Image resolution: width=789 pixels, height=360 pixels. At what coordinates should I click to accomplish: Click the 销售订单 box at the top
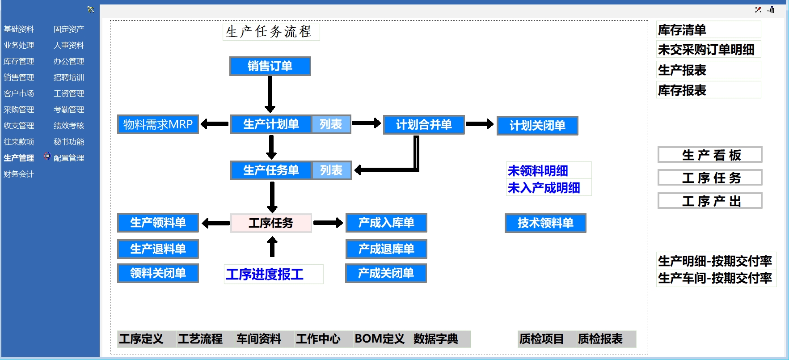click(270, 66)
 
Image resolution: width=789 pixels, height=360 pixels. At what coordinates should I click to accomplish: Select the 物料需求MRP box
click(158, 124)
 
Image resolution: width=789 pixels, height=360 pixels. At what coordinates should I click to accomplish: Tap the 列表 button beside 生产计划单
click(331, 124)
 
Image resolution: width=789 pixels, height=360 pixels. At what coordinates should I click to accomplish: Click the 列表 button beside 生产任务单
click(331, 170)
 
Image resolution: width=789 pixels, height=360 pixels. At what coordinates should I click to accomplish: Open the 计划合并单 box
click(424, 125)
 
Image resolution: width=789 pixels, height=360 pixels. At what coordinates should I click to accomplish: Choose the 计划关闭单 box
click(537, 126)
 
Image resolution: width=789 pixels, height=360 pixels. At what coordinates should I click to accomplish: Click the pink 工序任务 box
click(271, 223)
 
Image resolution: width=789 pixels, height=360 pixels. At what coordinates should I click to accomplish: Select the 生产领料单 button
click(158, 223)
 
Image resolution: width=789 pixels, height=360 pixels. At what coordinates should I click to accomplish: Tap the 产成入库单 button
click(386, 223)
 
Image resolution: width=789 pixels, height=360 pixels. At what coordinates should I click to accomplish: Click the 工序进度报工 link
click(265, 274)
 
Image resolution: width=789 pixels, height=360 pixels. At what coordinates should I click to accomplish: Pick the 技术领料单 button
click(545, 223)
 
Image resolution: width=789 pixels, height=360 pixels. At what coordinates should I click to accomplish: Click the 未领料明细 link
click(538, 171)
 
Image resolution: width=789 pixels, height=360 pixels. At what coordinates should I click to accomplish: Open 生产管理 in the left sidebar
click(19, 158)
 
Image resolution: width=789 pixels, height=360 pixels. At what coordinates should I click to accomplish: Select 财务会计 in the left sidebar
click(19, 174)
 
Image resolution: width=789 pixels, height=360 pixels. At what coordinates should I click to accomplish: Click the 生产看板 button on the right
click(710, 155)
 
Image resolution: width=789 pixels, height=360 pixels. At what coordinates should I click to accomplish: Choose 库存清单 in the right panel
click(682, 30)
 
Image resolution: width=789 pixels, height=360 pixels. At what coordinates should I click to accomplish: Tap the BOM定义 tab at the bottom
click(380, 339)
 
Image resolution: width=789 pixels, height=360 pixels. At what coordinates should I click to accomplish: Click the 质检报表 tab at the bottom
click(600, 339)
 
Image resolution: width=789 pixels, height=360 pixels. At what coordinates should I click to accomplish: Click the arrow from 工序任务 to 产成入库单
click(328, 223)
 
